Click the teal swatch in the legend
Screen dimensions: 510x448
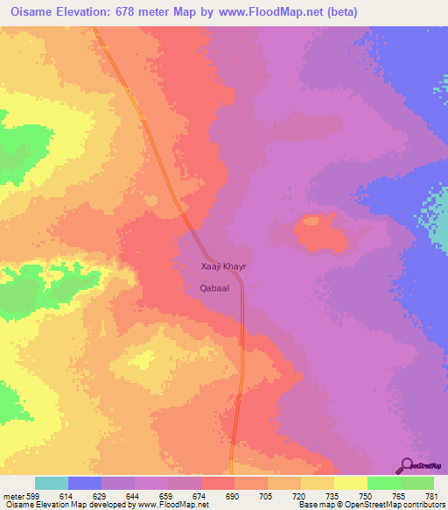tap(52, 483)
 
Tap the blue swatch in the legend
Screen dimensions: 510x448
tap(85, 483)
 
